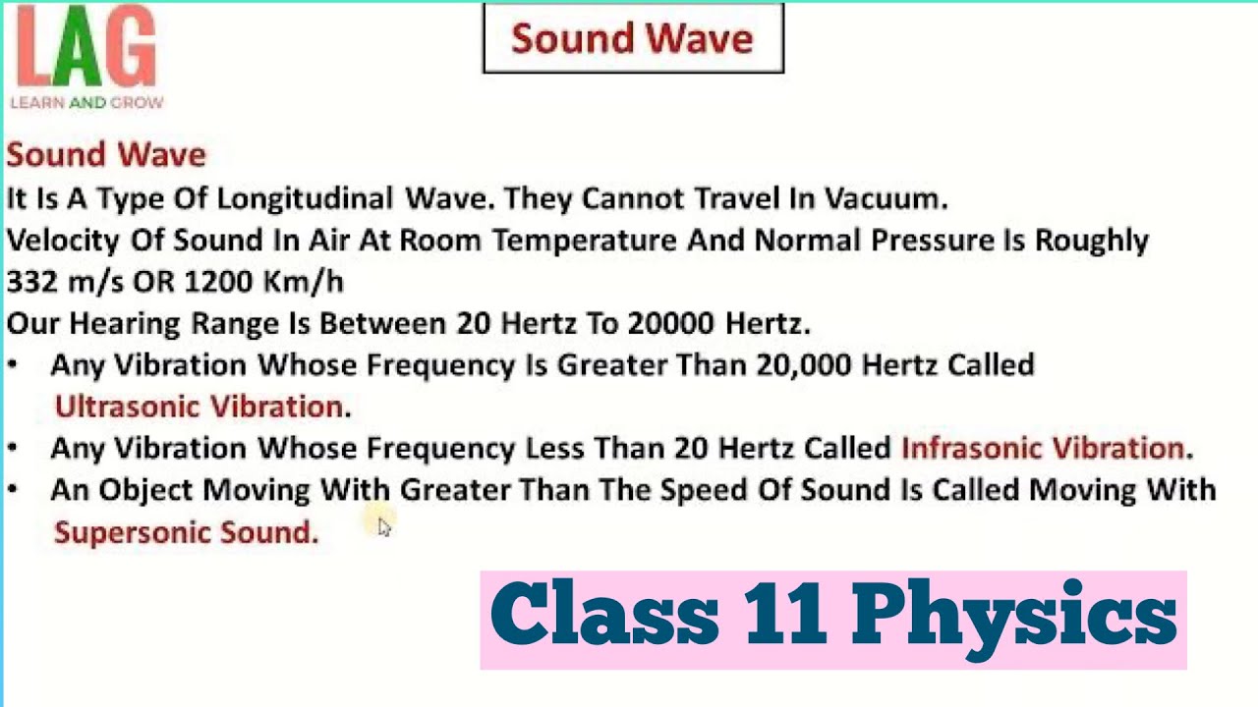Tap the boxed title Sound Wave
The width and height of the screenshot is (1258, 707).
633,38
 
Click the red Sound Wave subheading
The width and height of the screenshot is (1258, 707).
106,154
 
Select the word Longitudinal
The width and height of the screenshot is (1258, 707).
305,198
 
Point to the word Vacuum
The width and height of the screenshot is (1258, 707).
885,198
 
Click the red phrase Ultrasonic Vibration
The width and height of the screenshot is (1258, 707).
200,407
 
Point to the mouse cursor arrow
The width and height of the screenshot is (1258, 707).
383,527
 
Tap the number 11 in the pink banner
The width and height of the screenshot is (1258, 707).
784,616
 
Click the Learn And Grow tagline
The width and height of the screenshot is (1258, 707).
86,102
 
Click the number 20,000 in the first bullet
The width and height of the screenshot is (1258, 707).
804,365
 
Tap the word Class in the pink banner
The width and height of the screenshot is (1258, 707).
603,616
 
